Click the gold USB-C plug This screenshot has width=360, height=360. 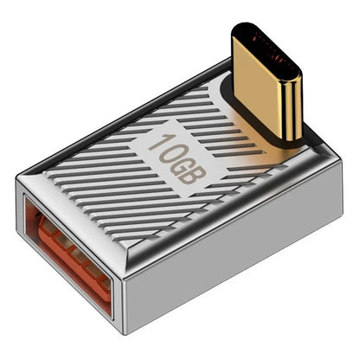(267, 87)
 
